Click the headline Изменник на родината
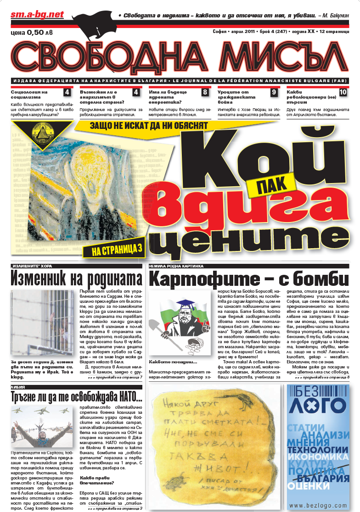click(x=77, y=278)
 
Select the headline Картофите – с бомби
click(x=248, y=278)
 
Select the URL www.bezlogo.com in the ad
click(x=318, y=505)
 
